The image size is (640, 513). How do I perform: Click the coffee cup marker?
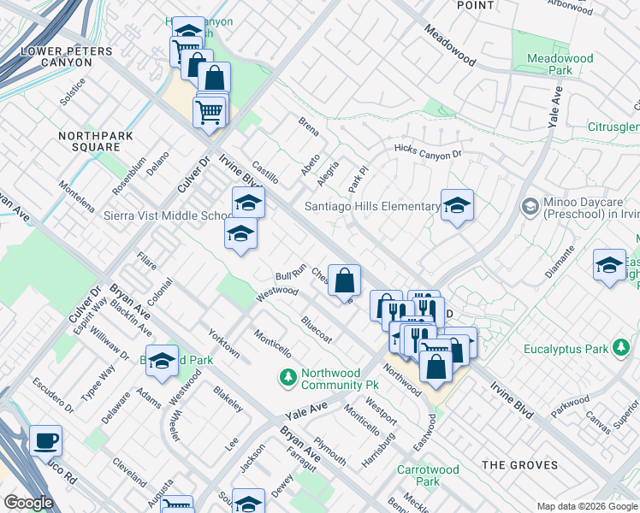pos(46,441)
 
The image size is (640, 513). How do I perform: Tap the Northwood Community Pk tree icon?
pos(287,376)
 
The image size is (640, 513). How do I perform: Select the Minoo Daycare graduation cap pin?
pos(530,207)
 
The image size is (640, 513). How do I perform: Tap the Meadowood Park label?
pos(560,64)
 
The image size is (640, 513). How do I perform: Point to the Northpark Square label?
pos(89,141)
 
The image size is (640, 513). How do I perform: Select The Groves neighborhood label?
pos(519,465)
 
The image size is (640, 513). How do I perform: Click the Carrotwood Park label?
pos(428,475)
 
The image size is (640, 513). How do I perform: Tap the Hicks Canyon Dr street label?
pos(428,150)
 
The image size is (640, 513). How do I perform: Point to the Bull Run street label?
pos(291,274)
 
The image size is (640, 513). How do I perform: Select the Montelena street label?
pos(76,196)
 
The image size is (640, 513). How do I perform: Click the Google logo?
pos(29,503)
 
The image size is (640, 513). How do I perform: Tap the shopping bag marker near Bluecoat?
pos(344,281)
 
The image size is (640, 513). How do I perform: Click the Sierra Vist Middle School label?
pos(166,215)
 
